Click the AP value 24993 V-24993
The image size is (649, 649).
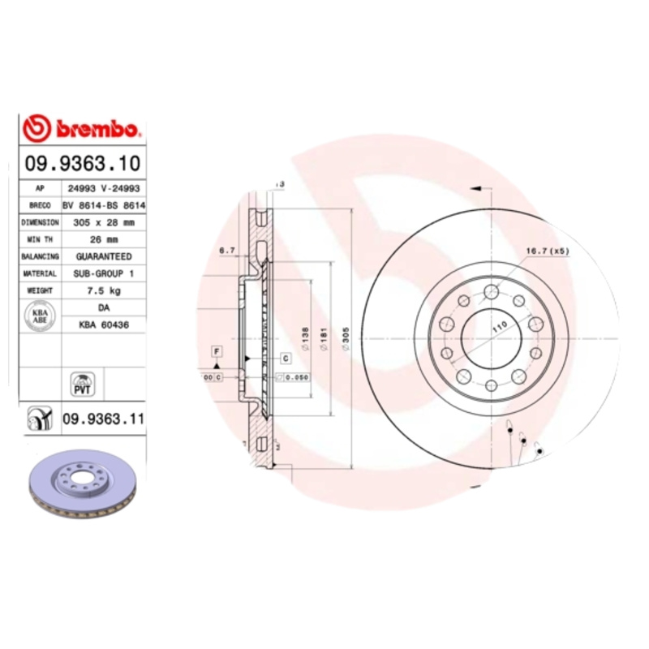tap(103, 188)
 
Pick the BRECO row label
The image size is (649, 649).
tap(40, 205)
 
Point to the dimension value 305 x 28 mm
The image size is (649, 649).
tap(103, 222)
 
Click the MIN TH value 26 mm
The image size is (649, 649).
tap(103, 239)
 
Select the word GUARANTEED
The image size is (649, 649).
tap(103, 256)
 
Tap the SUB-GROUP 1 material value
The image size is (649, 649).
tap(103, 273)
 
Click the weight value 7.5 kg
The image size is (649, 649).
tap(103, 290)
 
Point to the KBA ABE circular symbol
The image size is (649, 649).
tap(39, 316)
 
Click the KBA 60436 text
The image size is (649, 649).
tap(103, 324)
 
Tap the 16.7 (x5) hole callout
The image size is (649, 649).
tap(548, 251)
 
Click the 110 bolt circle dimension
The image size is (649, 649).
tap(500, 324)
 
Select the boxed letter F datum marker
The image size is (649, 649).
tap(217, 350)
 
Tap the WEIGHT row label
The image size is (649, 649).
tap(40, 290)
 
